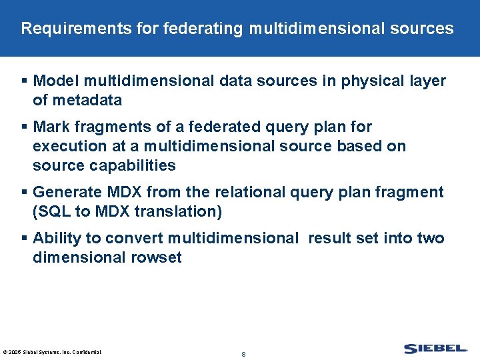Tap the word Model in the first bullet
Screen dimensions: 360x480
(54, 81)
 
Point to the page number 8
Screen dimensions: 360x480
(243, 354)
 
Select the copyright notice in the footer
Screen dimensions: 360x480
(52, 351)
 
